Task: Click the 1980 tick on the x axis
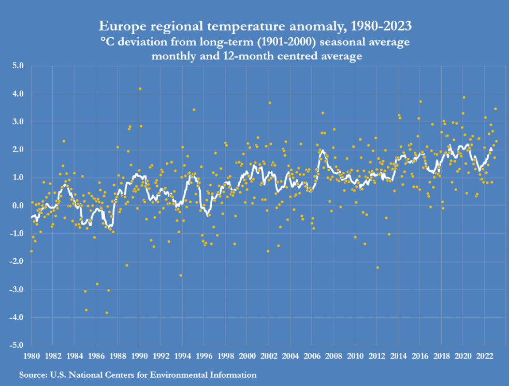[32, 356]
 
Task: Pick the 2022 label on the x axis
[484, 356]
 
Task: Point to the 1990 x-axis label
[139, 356]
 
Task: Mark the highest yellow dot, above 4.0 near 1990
[140, 89]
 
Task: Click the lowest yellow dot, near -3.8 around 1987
[107, 313]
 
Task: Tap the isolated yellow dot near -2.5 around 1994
[181, 275]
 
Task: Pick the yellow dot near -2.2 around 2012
[377, 268]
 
